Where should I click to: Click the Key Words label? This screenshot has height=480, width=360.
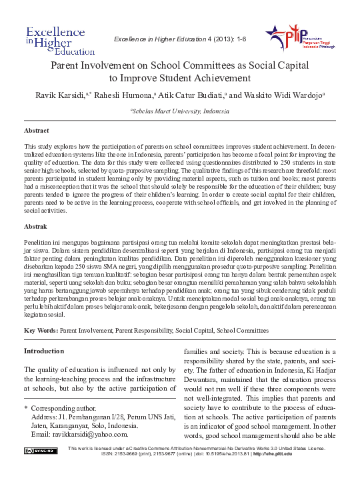(x=41, y=330)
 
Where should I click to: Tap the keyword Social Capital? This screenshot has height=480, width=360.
(x=192, y=330)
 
